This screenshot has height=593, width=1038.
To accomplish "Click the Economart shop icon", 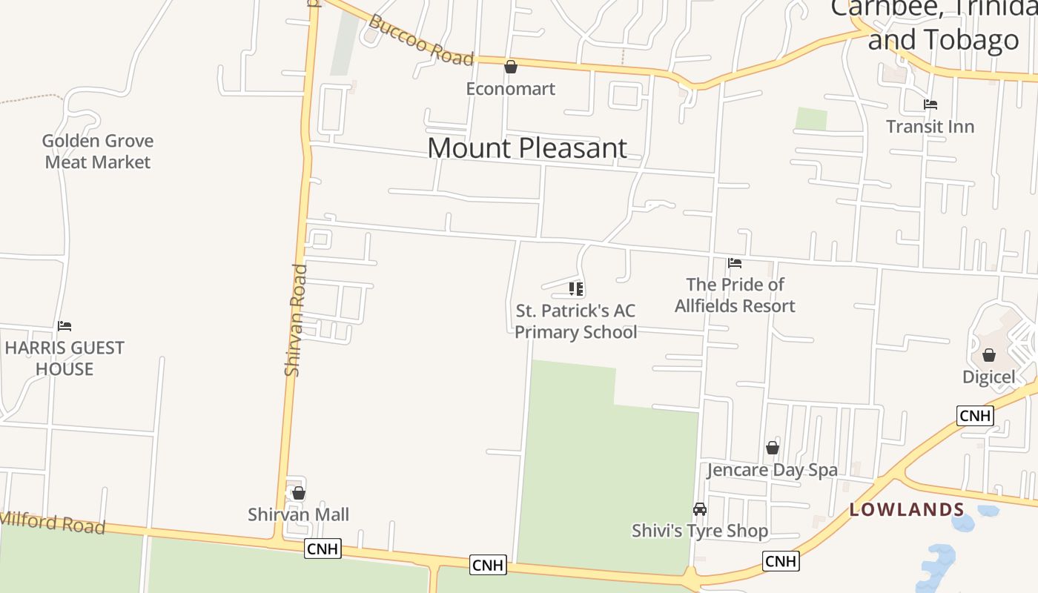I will click(511, 67).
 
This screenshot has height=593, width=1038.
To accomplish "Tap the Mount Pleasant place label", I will click(527, 148).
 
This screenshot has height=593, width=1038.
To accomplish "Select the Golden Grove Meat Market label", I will click(98, 151).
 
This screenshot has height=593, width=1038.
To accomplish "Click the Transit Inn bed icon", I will click(930, 105).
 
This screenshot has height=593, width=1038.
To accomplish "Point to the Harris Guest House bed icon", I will click(65, 325).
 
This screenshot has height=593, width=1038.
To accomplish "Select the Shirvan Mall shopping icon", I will click(299, 493).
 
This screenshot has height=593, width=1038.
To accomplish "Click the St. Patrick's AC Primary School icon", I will click(576, 288).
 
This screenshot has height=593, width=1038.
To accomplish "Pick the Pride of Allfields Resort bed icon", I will click(735, 262).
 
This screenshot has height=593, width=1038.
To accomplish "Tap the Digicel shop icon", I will click(988, 355).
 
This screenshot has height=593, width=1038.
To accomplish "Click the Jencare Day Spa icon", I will click(773, 448).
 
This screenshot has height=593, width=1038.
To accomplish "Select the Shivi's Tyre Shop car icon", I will click(700, 509).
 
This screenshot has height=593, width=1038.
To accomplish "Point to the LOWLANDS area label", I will click(907, 509).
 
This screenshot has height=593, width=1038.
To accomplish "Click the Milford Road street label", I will click(52, 523).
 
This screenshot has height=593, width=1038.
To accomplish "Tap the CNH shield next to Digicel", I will click(975, 416).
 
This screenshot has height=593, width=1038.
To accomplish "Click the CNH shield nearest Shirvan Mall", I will click(323, 549).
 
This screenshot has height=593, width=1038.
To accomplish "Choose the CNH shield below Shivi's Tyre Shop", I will click(781, 561).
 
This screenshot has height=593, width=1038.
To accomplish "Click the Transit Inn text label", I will click(930, 127).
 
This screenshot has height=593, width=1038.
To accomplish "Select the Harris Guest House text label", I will click(65, 358).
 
